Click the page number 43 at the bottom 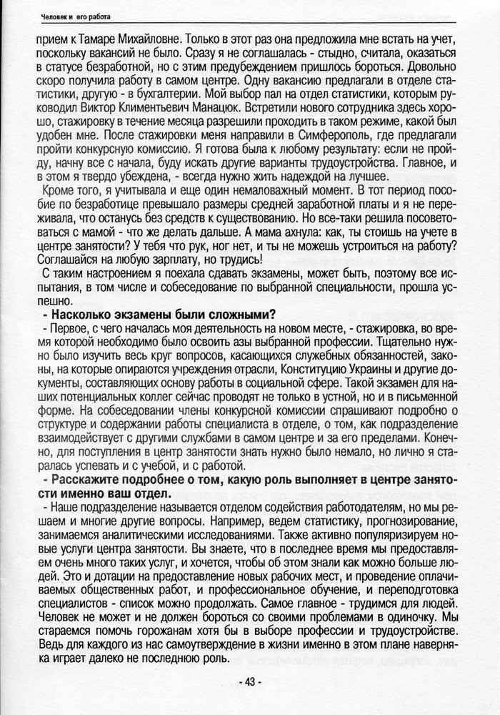[x=250, y=682]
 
